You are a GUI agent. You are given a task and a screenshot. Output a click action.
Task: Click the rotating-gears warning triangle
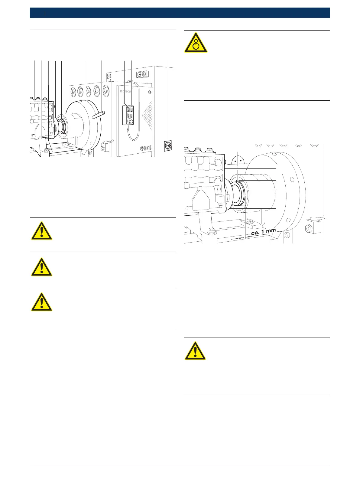click(196, 43)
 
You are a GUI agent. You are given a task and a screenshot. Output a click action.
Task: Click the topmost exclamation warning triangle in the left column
click(41, 231)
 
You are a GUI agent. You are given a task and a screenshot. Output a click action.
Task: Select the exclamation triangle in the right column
click(195, 351)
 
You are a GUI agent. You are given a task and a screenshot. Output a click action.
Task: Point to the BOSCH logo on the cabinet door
click(126, 91)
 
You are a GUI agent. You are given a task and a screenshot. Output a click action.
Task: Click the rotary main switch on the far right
click(169, 146)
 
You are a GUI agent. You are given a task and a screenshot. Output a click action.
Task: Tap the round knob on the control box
click(131, 121)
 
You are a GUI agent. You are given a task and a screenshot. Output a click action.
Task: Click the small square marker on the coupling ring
click(238, 181)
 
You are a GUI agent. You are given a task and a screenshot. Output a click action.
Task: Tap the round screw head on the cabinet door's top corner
click(148, 92)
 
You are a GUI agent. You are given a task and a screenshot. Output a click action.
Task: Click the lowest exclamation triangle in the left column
click(41, 302)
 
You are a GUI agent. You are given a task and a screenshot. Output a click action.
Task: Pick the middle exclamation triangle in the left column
click(41, 267)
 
